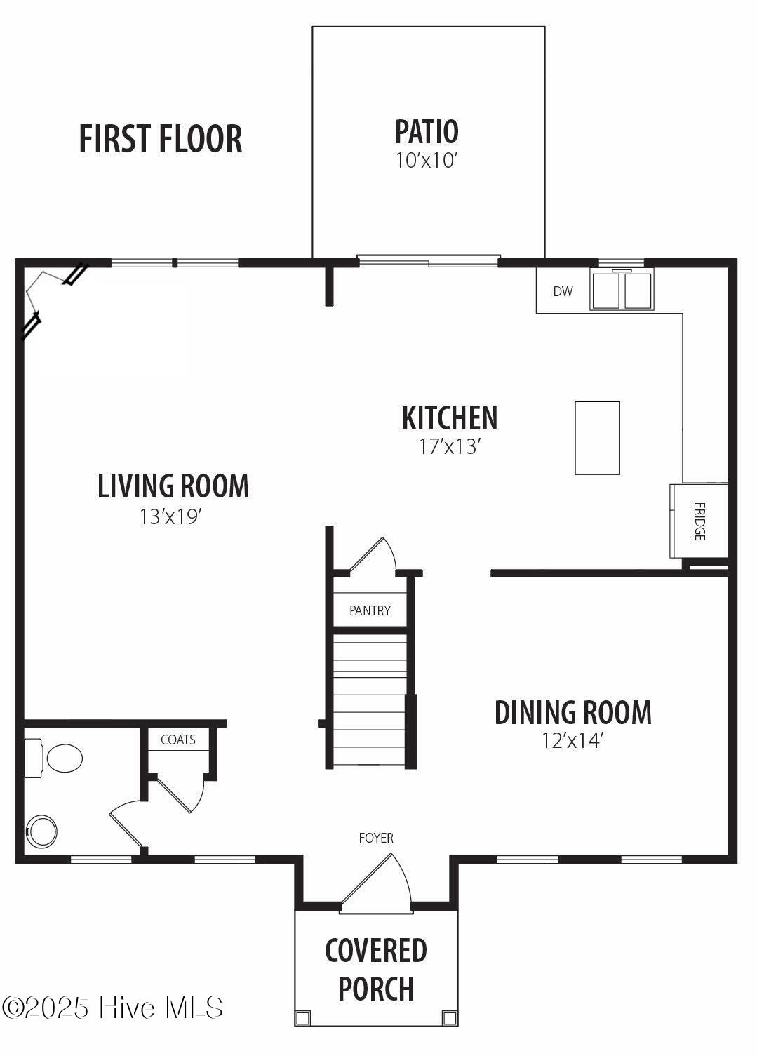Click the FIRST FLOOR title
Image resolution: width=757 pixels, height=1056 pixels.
[x=160, y=139]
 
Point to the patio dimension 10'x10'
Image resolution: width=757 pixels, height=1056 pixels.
[x=427, y=161]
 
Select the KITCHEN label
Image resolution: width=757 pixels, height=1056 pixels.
[x=450, y=417]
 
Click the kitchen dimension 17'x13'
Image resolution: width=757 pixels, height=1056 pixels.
[x=450, y=446]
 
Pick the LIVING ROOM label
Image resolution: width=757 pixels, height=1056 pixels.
[x=173, y=486]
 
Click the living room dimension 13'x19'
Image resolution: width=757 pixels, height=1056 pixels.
[x=170, y=516]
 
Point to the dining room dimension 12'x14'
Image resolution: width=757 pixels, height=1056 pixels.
[x=572, y=741]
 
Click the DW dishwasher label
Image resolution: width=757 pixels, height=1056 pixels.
[x=563, y=291]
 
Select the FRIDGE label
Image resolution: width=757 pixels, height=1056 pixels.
[x=699, y=521]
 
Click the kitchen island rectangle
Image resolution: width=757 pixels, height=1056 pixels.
[x=597, y=438]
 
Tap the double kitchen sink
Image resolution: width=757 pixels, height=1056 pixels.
[x=622, y=290]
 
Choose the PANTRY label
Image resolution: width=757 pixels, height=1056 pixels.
[x=370, y=610]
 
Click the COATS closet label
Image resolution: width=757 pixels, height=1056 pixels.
[x=178, y=740]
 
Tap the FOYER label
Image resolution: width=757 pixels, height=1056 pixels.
[x=376, y=838]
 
